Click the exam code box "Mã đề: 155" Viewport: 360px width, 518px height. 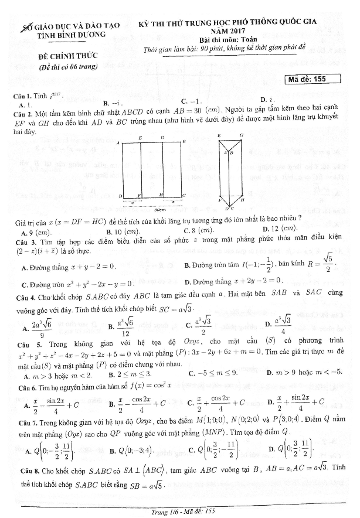coord(313,79)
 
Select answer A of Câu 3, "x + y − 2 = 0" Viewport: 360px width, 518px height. coord(60,267)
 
